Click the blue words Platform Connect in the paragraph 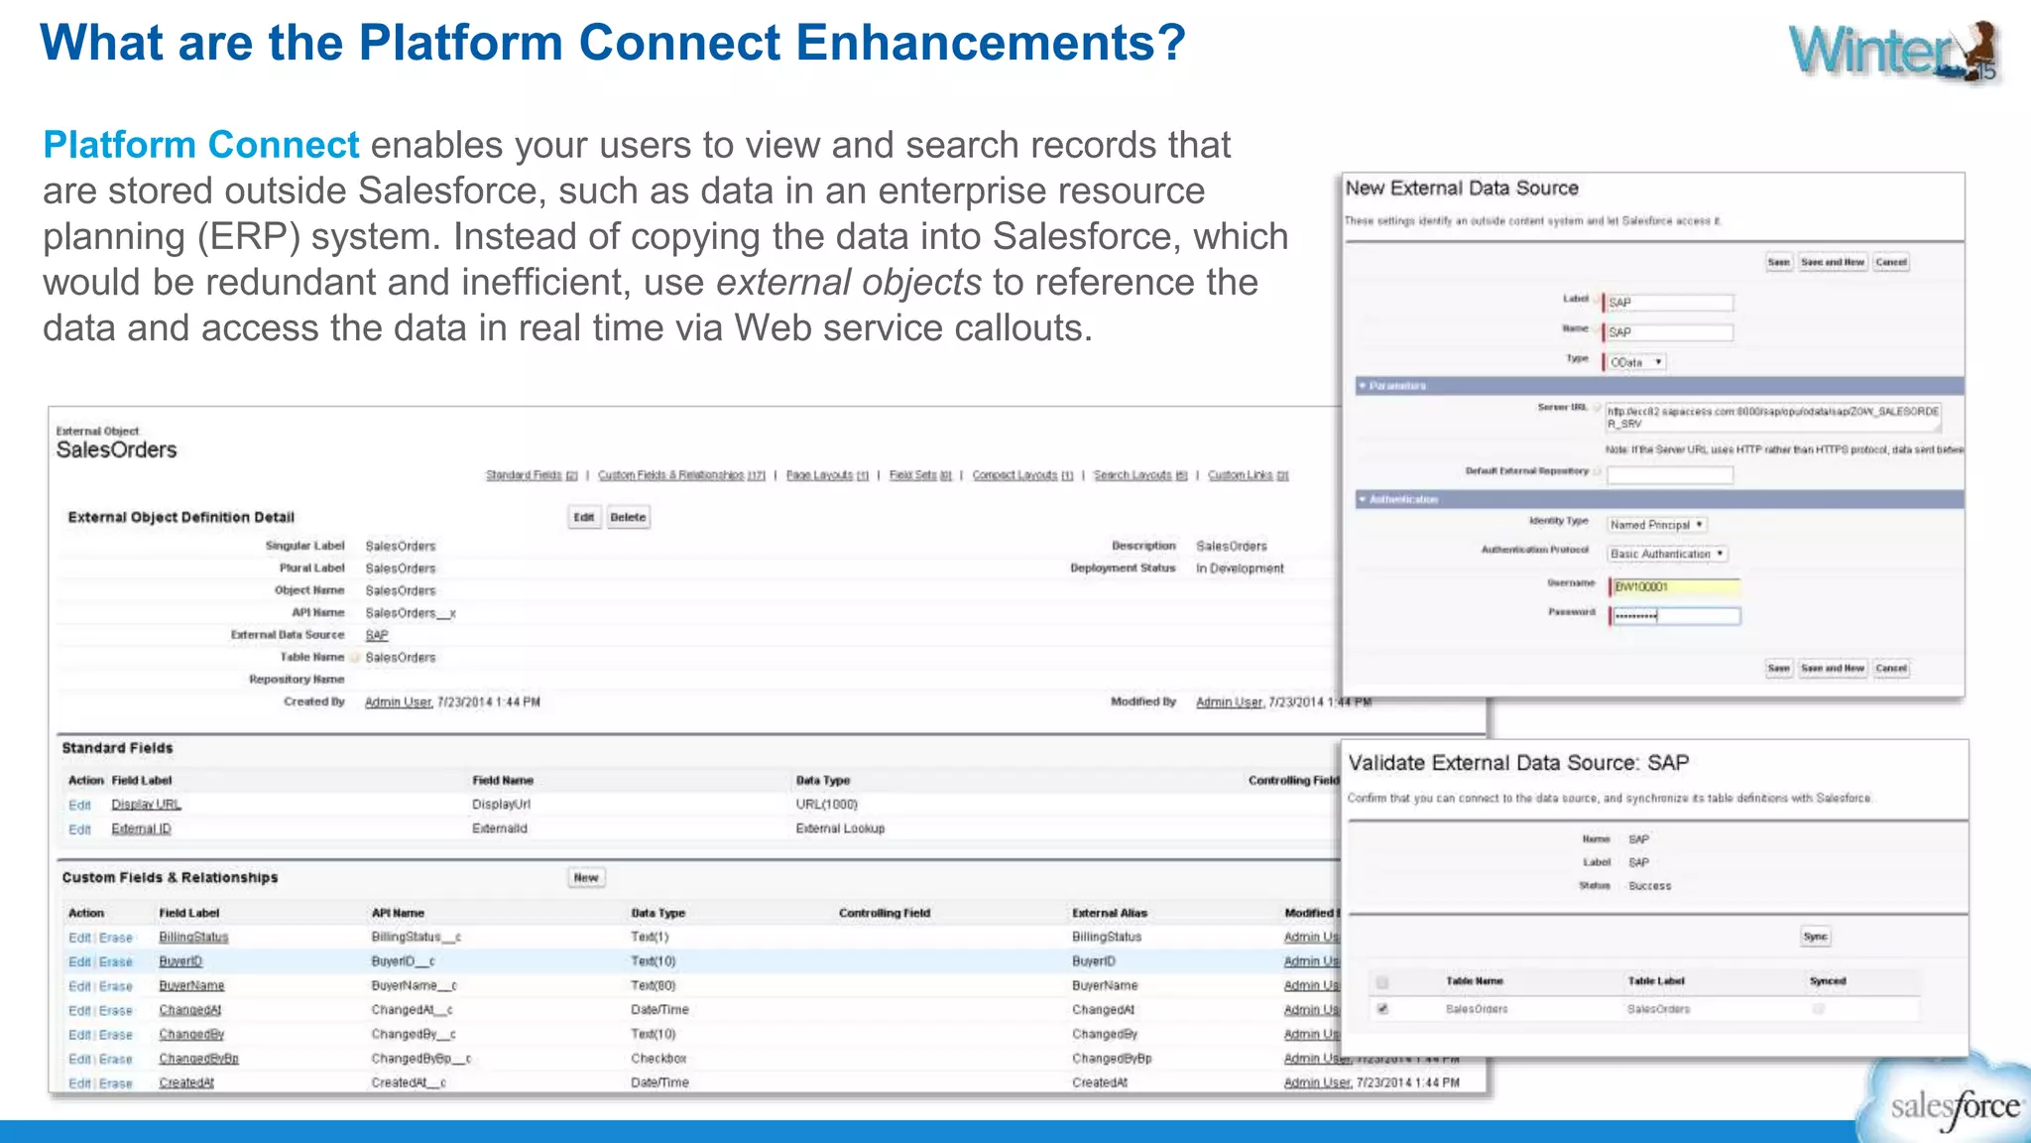[x=200, y=145]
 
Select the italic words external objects [x=848, y=283]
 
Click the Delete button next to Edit [x=628, y=517]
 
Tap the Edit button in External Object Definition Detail [x=584, y=517]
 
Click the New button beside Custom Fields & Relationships [x=586, y=878]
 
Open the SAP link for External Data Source [x=377, y=635]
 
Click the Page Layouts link [x=826, y=475]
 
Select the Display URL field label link [x=146, y=805]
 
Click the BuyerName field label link [x=191, y=986]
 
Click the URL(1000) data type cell [x=826, y=805]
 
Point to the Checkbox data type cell [x=658, y=1059]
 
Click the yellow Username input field [x=1675, y=587]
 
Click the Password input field [x=1675, y=616]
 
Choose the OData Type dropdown [x=1635, y=362]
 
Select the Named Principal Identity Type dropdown [x=1656, y=525]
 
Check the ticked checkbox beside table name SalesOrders [x=1382, y=1009]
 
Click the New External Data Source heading [x=1461, y=189]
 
